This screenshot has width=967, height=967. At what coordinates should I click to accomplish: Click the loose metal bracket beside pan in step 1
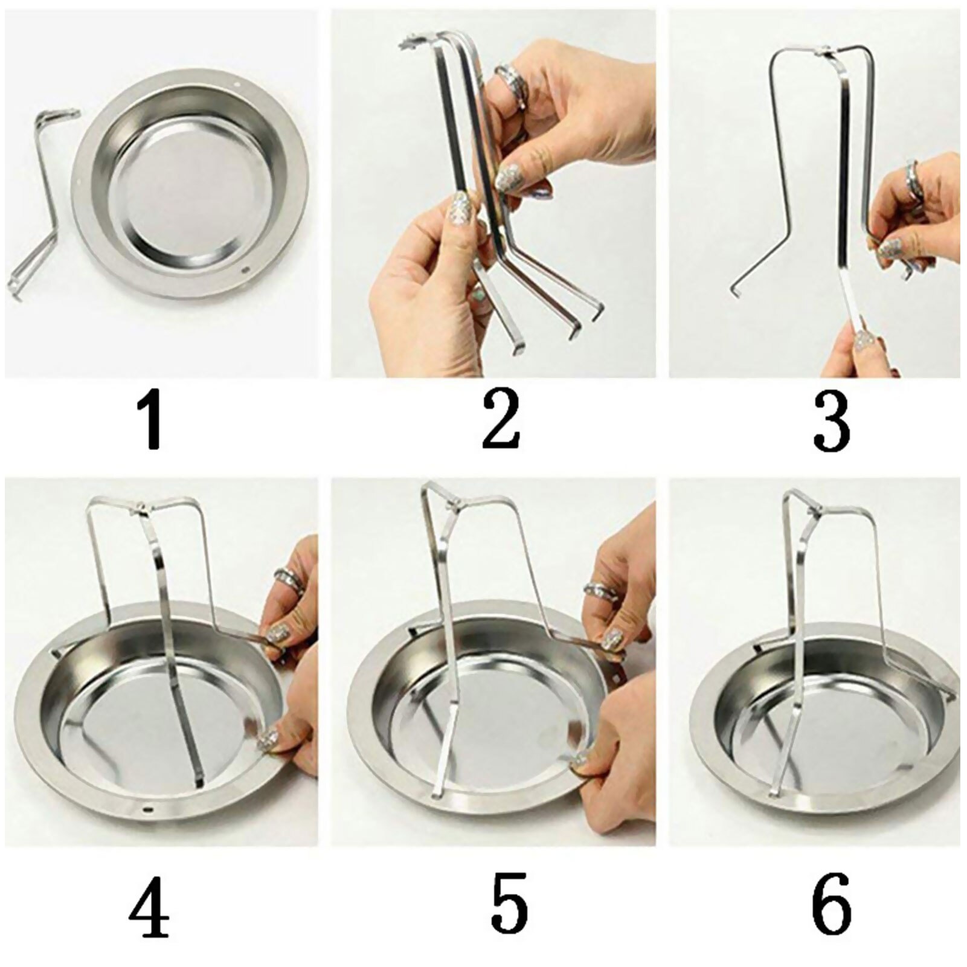pos(41,199)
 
